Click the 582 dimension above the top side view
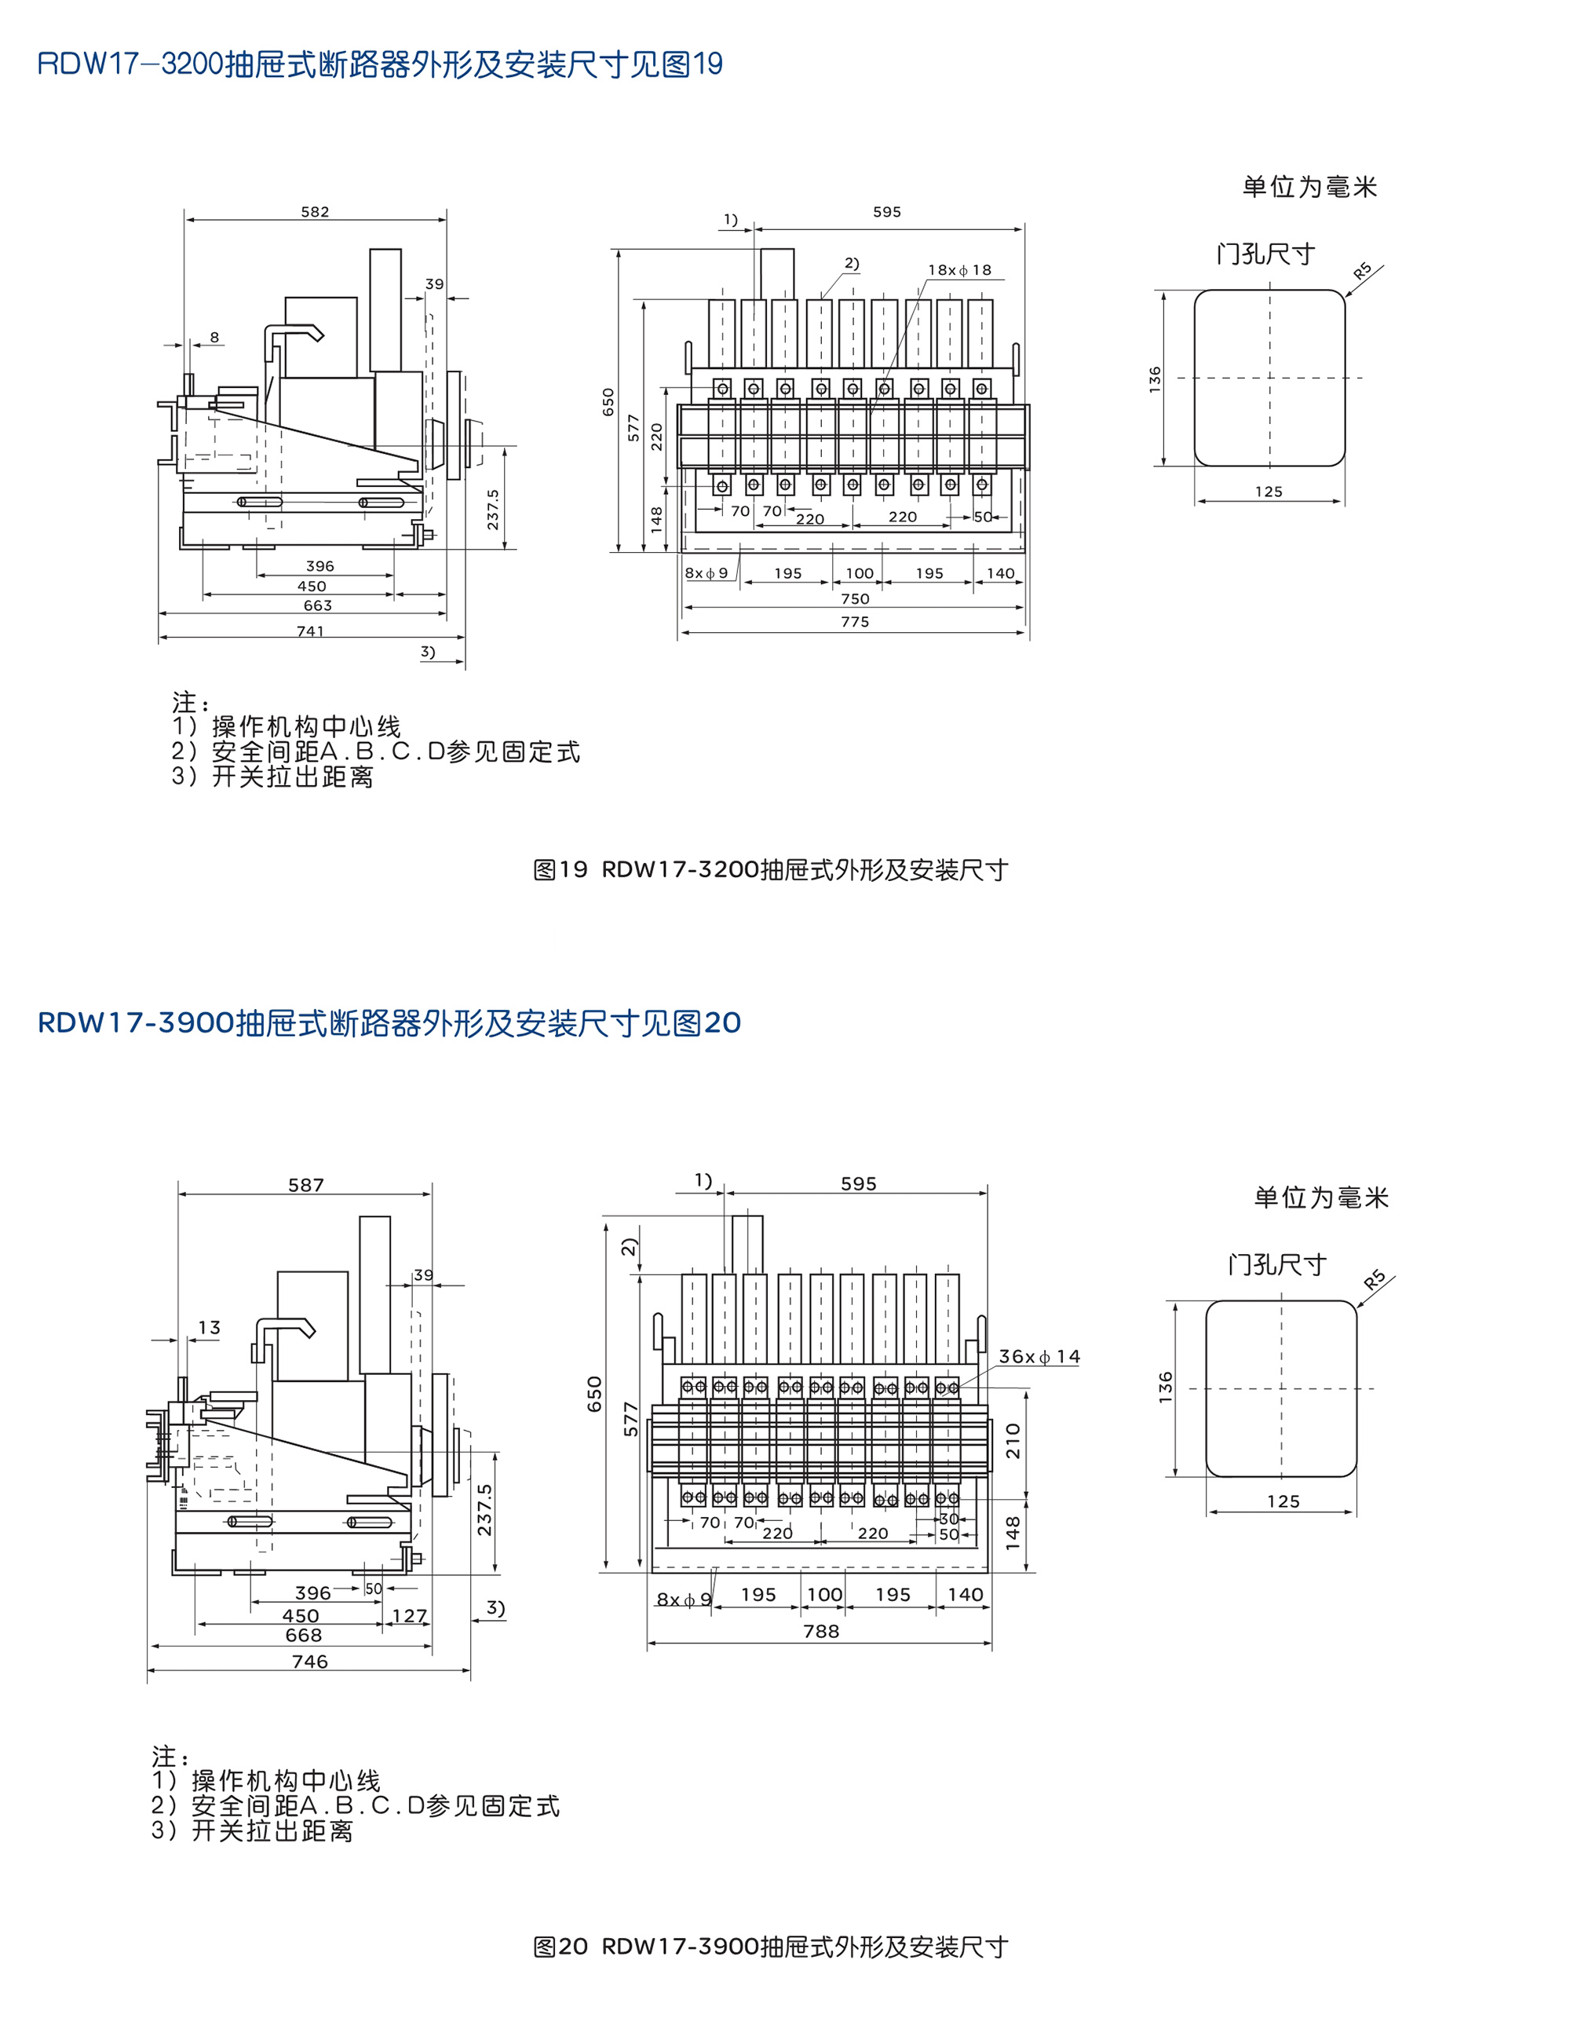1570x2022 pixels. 315,212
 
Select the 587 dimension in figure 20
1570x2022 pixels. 305,1185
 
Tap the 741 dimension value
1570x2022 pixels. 310,631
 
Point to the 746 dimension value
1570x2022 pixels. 309,1661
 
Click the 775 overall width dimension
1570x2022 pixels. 854,622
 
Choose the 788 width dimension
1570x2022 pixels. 821,1631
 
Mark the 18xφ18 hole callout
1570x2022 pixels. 959,270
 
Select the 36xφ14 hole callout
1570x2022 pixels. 1039,1356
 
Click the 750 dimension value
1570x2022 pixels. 854,599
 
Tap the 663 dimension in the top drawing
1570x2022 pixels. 317,605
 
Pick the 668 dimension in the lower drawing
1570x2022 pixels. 304,1635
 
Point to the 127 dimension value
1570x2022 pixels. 409,1615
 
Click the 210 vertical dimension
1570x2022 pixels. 1013,1441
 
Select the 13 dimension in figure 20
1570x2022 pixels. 210,1328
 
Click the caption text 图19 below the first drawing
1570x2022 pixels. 560,869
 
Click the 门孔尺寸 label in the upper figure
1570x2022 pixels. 1265,254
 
